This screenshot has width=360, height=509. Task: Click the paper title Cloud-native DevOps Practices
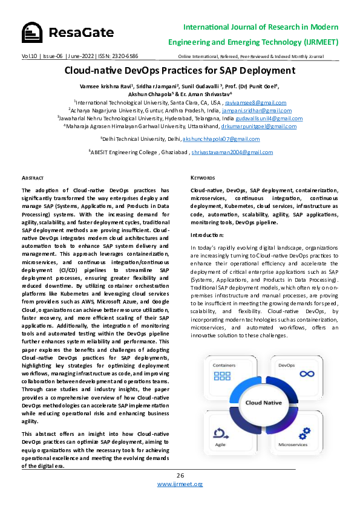coord(180,70)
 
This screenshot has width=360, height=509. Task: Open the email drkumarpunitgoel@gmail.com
coord(258,126)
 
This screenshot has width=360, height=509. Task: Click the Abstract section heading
coord(32,178)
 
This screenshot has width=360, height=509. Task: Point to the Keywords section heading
coord(202,178)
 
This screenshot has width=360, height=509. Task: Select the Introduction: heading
coord(208,235)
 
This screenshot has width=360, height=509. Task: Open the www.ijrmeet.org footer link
coord(180,484)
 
